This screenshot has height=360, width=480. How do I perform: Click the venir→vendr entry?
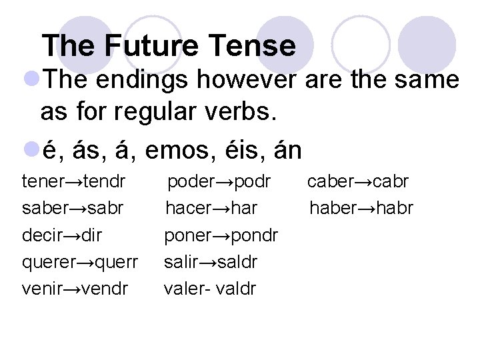[75, 289]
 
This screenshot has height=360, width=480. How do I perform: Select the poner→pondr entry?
[221, 235]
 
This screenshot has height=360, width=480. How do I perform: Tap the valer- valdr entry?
[210, 289]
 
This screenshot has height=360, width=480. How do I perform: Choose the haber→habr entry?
[361, 209]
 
